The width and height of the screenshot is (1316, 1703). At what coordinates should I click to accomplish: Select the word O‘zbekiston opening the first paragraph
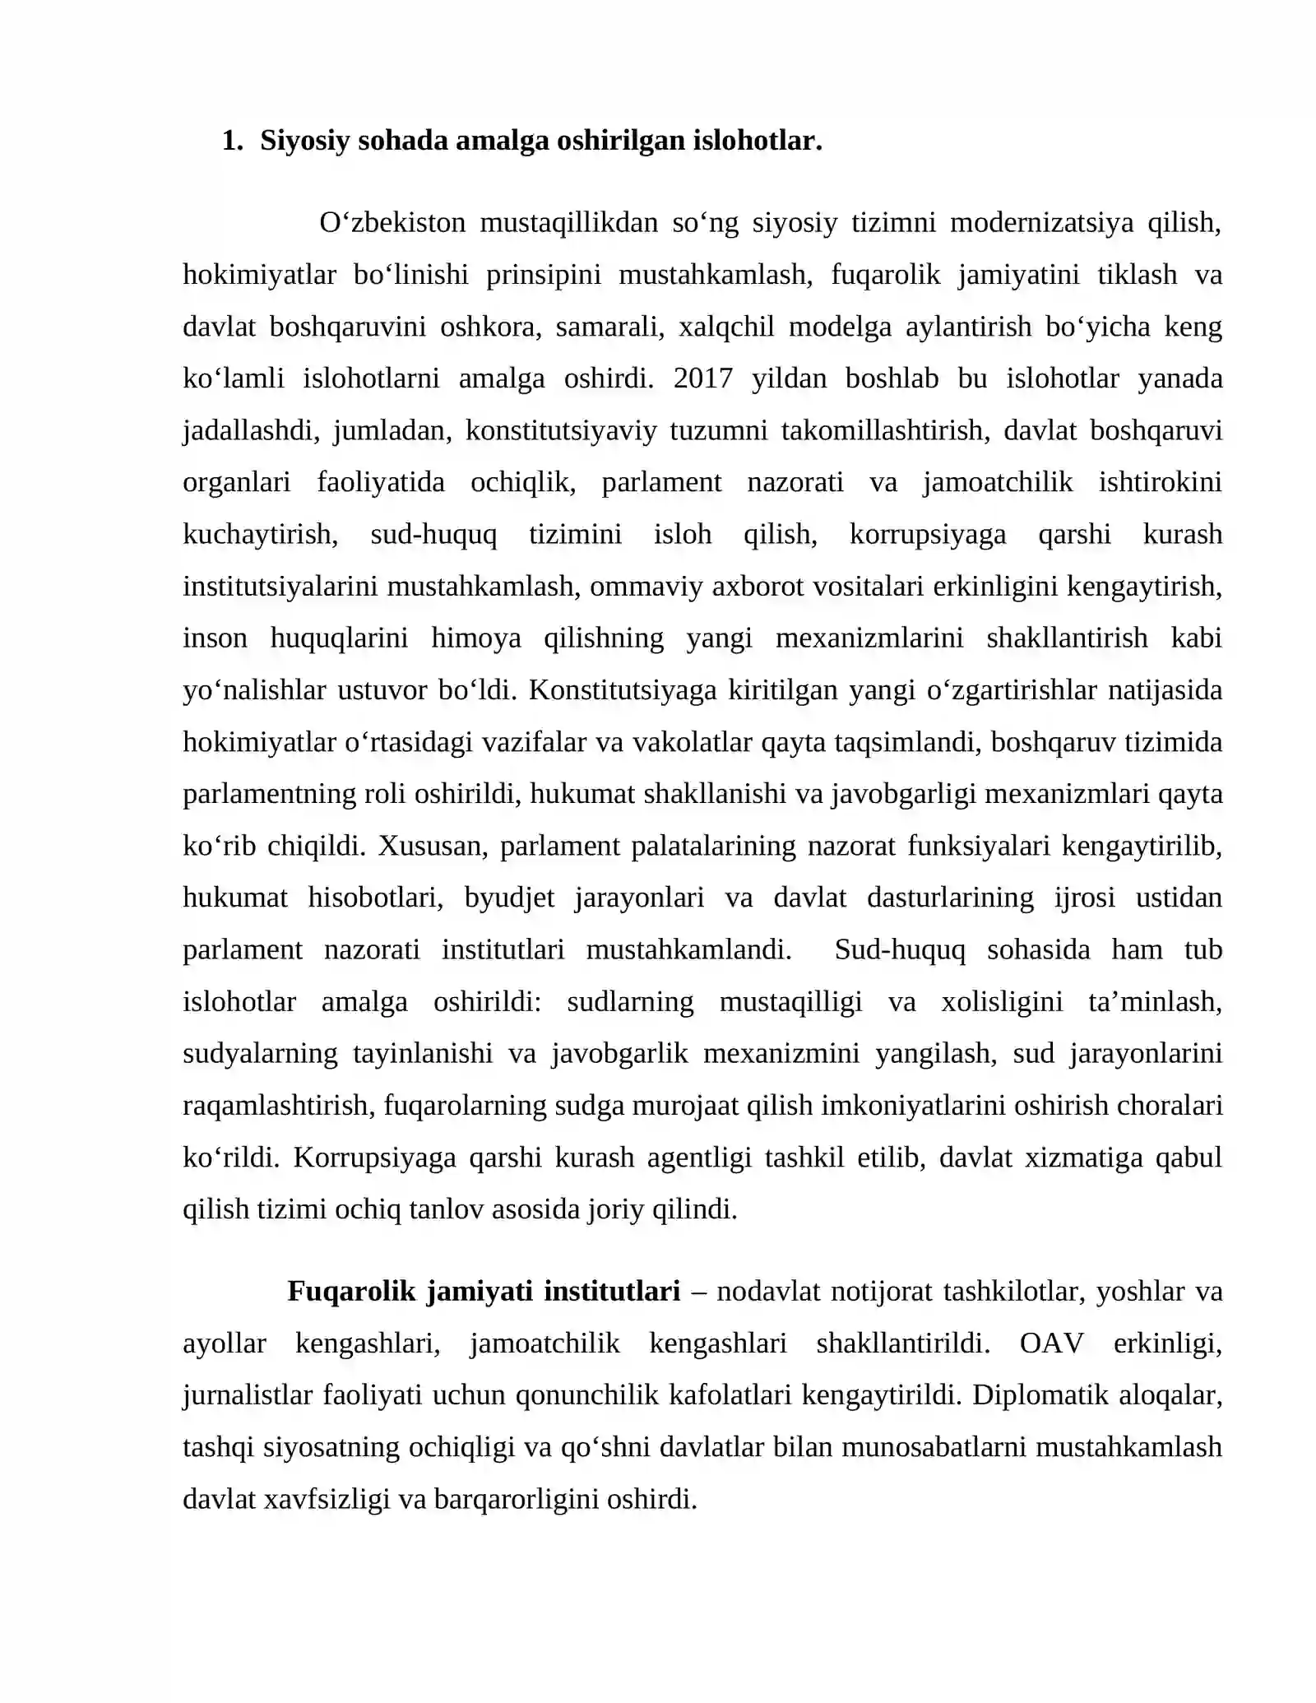click(392, 223)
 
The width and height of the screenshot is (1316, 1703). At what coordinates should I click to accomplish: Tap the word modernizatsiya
click(1042, 223)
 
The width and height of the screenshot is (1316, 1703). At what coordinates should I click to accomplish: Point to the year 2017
click(702, 378)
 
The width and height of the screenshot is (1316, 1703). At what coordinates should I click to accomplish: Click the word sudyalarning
click(260, 1053)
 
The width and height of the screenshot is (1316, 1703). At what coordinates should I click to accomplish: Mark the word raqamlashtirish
click(278, 1106)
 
